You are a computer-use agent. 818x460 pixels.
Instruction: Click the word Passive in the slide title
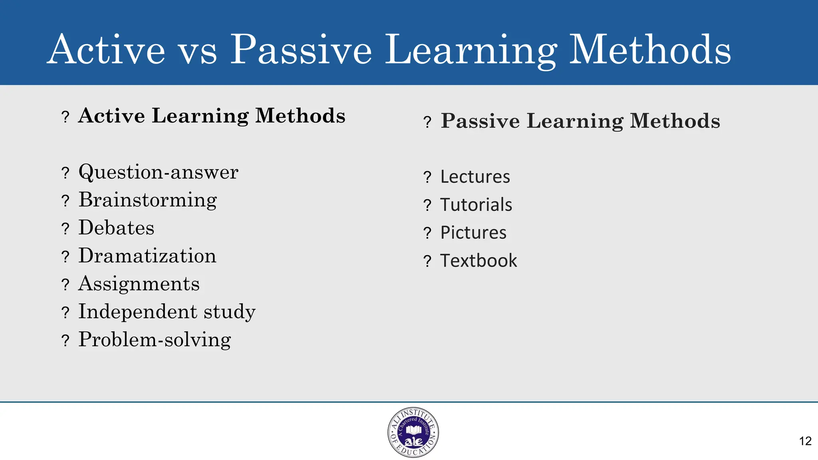(302, 50)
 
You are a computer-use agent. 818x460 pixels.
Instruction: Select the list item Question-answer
(158, 172)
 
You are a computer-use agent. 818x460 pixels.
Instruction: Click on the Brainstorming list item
(147, 200)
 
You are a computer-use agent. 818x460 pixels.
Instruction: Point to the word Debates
(116, 228)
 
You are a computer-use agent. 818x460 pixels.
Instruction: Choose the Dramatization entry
(147, 256)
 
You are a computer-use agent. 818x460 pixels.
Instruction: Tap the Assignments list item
(139, 284)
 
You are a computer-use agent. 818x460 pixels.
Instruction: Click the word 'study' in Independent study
(230, 312)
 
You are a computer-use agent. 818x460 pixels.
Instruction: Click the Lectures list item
(475, 177)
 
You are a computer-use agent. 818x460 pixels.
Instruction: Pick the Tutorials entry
(476, 205)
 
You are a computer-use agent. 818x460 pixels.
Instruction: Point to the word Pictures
(473, 233)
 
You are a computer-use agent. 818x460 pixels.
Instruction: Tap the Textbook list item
(478, 261)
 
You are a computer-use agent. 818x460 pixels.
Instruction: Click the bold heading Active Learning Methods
(212, 116)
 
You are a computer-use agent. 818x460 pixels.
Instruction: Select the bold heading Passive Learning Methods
(580, 121)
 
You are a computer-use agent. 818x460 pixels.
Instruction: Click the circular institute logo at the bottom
(413, 432)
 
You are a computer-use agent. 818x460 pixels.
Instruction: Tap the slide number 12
(805, 441)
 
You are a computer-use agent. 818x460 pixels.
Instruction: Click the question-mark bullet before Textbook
(427, 262)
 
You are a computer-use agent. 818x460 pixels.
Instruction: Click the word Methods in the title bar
(650, 50)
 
